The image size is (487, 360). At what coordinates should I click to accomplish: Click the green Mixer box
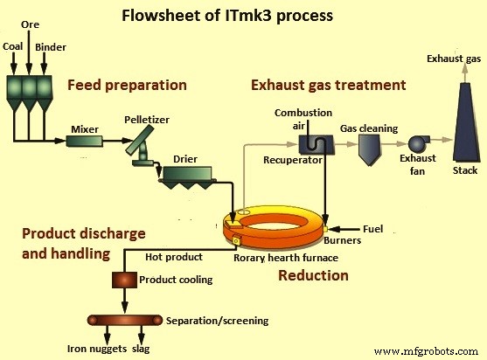[84, 140]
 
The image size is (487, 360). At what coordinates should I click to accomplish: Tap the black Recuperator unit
[309, 146]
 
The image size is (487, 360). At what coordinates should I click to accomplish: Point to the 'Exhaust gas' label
[452, 59]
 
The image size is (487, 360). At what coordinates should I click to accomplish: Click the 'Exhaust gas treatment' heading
[328, 86]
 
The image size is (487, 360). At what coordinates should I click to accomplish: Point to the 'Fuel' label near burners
[372, 229]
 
